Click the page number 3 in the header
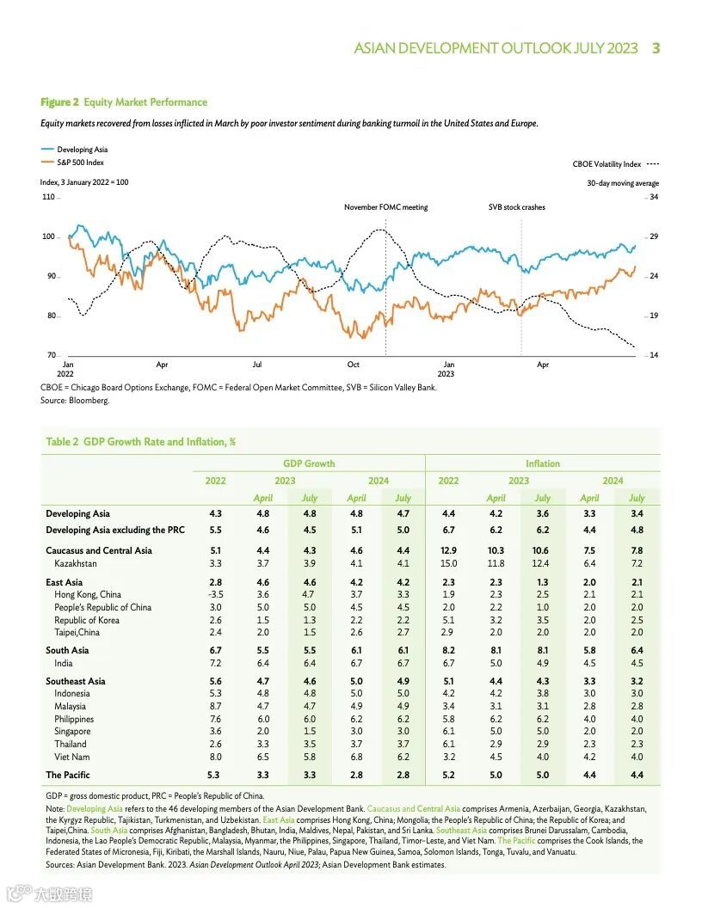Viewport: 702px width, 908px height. (x=656, y=48)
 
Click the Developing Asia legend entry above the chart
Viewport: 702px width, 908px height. (x=82, y=150)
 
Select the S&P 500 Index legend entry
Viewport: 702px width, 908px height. (x=81, y=162)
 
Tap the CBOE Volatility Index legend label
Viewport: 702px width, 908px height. (x=607, y=163)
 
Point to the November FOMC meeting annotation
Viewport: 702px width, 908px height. (x=385, y=207)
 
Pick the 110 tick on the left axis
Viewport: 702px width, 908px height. (x=48, y=197)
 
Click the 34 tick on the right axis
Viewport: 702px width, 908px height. (x=653, y=197)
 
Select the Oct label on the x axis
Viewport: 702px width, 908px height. (x=353, y=365)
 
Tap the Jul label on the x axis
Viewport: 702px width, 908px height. (x=257, y=365)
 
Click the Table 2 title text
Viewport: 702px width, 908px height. (x=140, y=441)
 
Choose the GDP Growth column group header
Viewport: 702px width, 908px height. (x=309, y=463)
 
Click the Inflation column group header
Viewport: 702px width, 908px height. (x=543, y=463)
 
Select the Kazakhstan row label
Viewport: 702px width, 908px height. (x=76, y=563)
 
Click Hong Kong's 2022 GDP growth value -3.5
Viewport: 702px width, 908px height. (x=215, y=594)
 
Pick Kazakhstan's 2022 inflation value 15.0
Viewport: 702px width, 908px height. (x=448, y=563)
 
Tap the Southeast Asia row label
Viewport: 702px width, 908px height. (x=76, y=681)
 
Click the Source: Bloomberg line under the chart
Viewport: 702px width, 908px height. (x=75, y=400)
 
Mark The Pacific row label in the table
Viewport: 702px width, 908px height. (x=67, y=775)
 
